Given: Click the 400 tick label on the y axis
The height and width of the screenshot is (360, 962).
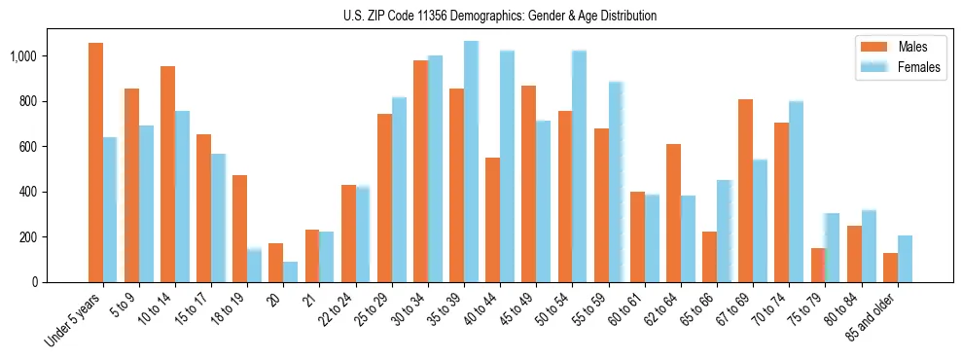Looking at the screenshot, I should (x=29, y=192).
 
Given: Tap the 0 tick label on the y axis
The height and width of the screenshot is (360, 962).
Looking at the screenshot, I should (x=36, y=282).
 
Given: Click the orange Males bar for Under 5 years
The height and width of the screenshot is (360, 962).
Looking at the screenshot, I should (x=95, y=162).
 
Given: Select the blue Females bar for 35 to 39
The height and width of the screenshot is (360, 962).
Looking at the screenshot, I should (x=471, y=162).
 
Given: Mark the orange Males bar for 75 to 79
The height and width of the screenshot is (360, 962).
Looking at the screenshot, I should (x=817, y=265).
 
